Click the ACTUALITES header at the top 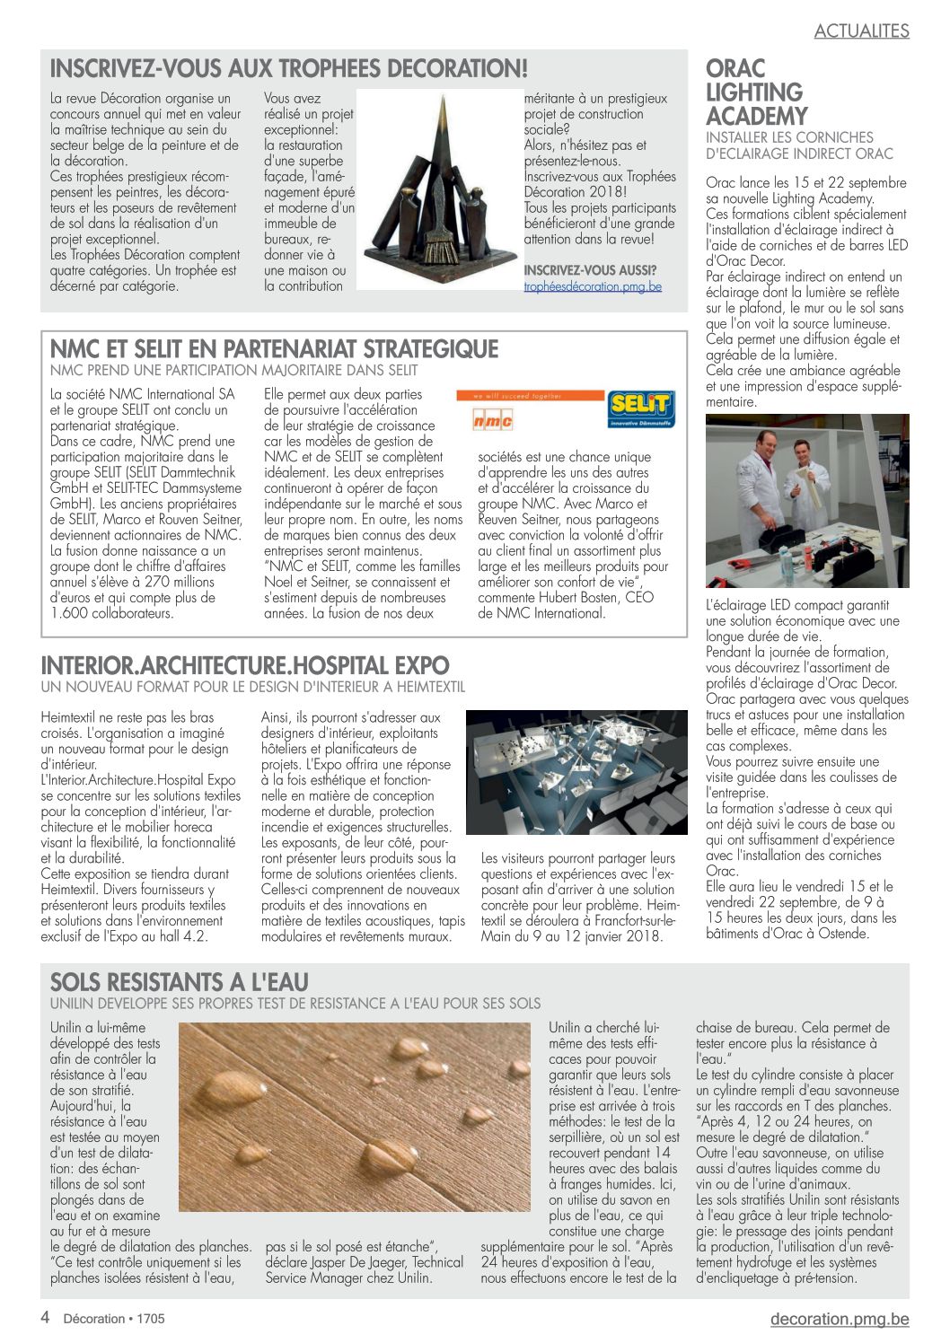point(861,31)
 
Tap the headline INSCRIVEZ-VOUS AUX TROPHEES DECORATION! point(288,68)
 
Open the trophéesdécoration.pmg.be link point(593,286)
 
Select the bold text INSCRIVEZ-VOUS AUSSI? point(590,270)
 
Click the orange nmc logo point(493,419)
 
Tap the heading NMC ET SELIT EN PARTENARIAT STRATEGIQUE point(274,348)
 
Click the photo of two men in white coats point(806,501)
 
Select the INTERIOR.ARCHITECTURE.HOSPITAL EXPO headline point(245,666)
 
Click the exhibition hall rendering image point(576,773)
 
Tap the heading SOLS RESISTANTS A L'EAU point(180,982)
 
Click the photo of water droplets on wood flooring point(356,1117)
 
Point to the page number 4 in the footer point(45,1318)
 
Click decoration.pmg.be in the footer point(839,1319)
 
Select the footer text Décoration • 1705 point(114,1319)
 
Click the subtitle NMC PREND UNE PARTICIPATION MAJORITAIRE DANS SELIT point(233,370)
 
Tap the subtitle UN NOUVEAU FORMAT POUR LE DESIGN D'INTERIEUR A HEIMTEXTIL point(253,687)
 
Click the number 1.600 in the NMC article point(70,614)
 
